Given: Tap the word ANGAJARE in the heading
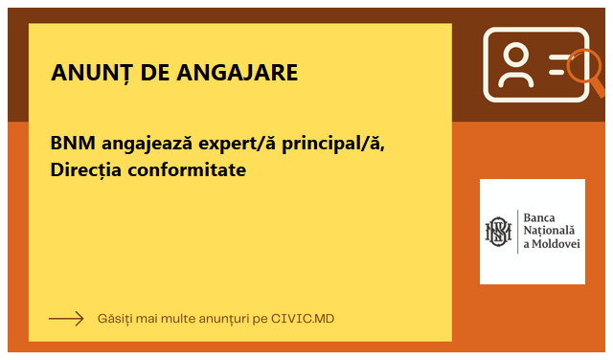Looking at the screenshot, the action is point(238,73).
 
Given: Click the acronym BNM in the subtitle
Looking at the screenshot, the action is point(73,143).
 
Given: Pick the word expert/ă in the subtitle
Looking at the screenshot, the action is point(238,144).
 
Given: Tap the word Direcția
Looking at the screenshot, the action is point(85,170).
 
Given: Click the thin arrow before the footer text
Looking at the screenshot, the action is point(66,319).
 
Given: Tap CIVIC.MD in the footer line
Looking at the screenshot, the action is point(303,319).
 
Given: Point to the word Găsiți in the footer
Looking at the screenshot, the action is point(115,319).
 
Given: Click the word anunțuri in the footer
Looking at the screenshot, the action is point(224,319).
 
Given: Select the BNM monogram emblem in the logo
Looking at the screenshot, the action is point(498,232).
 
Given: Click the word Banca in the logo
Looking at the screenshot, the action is point(539,217).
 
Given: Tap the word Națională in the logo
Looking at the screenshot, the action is point(549,231).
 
